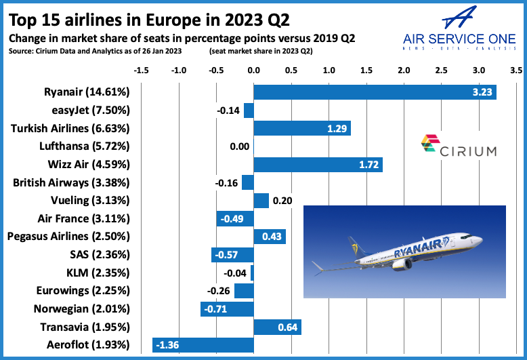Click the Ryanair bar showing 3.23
(375, 92)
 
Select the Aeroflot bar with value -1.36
(203, 345)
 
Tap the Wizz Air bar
(318, 165)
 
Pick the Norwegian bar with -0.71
(227, 309)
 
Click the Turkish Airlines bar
(302, 129)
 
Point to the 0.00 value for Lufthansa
(239, 146)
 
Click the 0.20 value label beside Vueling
(281, 201)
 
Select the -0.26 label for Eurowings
(219, 291)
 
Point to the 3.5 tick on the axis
(516, 71)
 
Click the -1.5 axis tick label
(142, 71)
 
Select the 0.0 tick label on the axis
(254, 71)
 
